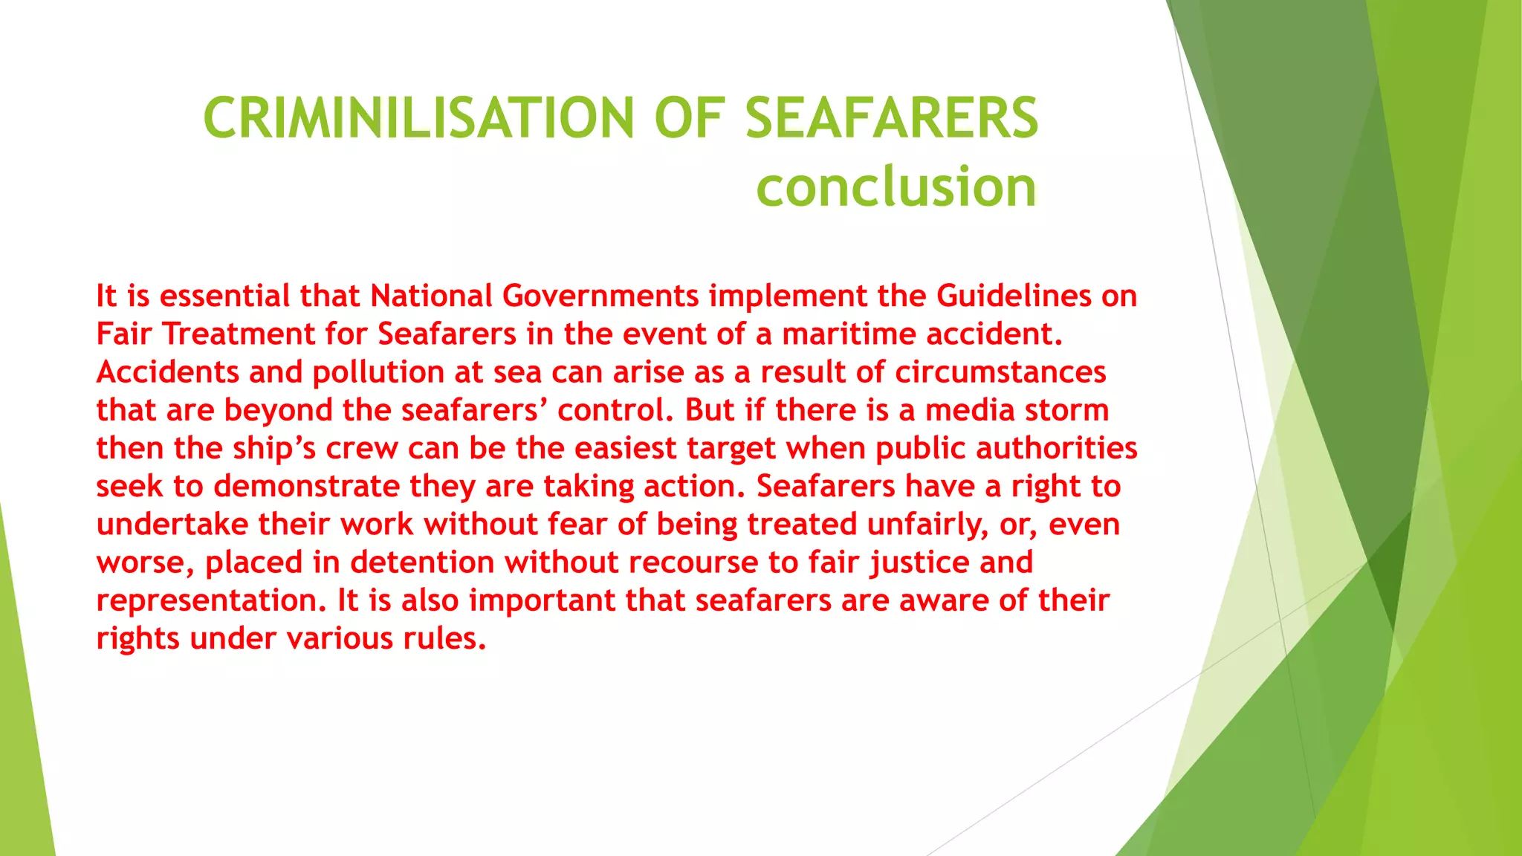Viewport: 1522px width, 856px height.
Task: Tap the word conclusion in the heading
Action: pos(896,187)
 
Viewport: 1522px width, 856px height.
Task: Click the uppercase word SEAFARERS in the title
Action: pos(891,118)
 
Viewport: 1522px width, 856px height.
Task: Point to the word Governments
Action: pos(600,296)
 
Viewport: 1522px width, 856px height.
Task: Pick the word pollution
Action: pos(378,372)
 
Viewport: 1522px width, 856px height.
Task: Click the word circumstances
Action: pos(1000,372)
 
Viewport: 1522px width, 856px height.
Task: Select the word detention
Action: pos(422,562)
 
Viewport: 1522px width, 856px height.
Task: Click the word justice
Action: pos(920,562)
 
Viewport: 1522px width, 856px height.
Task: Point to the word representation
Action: pos(211,600)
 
